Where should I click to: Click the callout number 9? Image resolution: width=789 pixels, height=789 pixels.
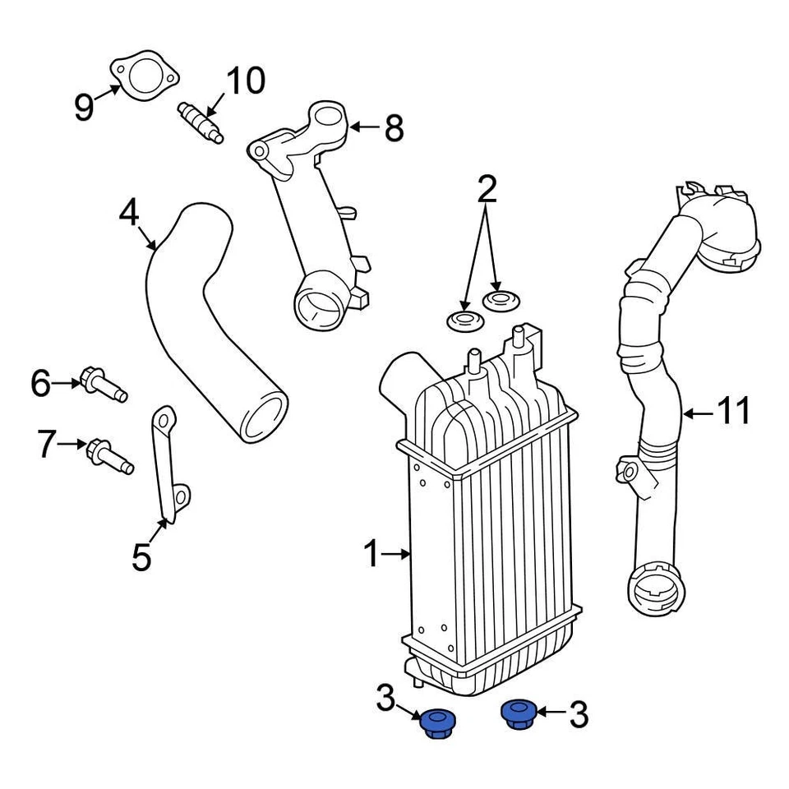point(84,107)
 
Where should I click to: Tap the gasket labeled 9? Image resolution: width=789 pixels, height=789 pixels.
point(143,76)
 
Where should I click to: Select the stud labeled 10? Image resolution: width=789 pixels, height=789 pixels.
point(200,122)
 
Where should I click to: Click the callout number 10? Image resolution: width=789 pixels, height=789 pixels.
point(245,81)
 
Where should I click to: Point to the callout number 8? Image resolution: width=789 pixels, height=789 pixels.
point(394,128)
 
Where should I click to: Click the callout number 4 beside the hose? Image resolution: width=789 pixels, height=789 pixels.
point(129,214)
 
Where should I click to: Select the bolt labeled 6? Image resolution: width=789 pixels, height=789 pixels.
point(102,385)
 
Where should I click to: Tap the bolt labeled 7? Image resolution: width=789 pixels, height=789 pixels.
point(108,454)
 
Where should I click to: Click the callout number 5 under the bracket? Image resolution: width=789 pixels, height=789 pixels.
point(141,557)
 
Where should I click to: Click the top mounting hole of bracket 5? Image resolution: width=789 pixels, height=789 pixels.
point(165,421)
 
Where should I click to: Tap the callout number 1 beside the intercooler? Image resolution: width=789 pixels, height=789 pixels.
point(371,555)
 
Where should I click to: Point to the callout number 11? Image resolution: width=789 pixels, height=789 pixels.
point(734,410)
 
